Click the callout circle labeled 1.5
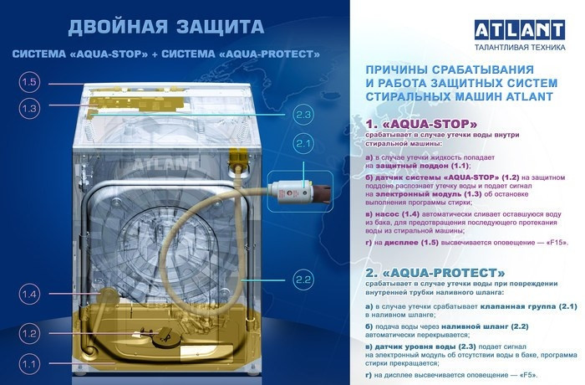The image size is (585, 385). coord(29,82)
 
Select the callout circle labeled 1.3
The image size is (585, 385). coord(29,108)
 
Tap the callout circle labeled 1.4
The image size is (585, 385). coord(29,294)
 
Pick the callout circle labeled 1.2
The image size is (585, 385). coord(29,333)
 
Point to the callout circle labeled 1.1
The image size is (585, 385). coord(29,364)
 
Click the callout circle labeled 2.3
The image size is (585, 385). coord(303,115)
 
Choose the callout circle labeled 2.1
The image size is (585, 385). coord(303,145)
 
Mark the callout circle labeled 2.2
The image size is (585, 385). coord(303,279)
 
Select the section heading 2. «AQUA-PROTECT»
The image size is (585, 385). coord(435,273)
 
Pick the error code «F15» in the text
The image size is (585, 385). coord(553,243)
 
